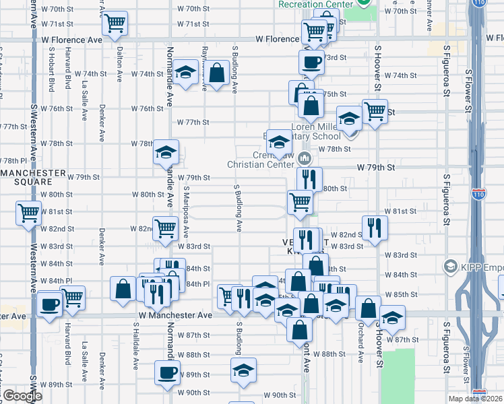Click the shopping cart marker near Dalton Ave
point(115,24)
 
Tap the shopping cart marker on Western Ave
point(29,214)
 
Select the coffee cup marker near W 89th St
point(168,372)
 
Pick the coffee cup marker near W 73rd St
point(311,63)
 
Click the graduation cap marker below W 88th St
point(244,370)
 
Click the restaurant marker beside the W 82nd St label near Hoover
point(373,227)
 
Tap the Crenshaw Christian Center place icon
point(305,159)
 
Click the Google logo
point(22,396)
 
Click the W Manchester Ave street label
point(175,314)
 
